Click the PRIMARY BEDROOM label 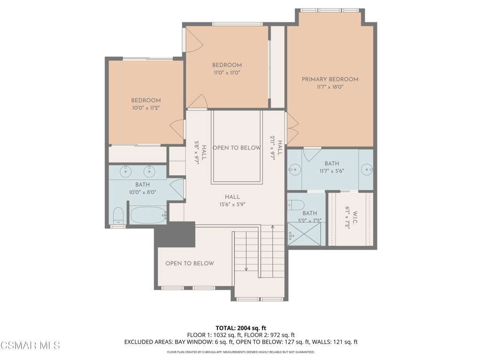click(330, 79)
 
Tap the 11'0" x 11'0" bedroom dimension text click(227, 73)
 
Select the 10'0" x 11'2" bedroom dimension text click(145, 108)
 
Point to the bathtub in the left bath click(148, 216)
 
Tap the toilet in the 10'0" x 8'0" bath click(118, 216)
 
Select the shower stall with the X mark click(304, 234)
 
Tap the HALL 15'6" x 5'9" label click(232, 201)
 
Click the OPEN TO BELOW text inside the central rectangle click(236, 148)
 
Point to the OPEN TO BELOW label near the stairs click(190, 263)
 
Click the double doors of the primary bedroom click(292, 129)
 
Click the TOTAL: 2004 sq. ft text click(241, 328)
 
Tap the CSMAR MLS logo click(30, 346)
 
